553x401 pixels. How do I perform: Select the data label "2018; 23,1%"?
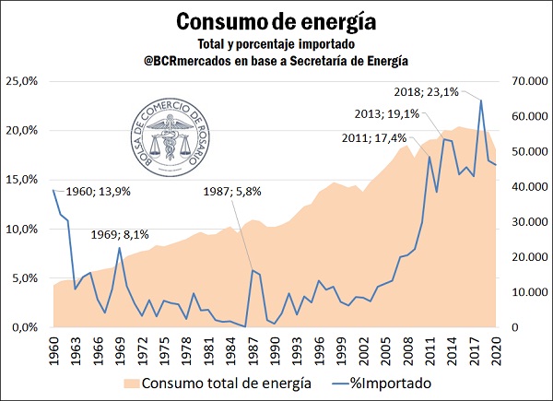pos(423,92)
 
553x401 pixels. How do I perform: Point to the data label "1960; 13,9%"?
pos(99,192)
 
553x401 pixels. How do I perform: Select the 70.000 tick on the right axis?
pos(519,81)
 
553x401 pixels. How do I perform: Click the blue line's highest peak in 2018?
pos(481,100)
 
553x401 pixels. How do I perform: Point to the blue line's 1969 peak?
pos(120,248)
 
